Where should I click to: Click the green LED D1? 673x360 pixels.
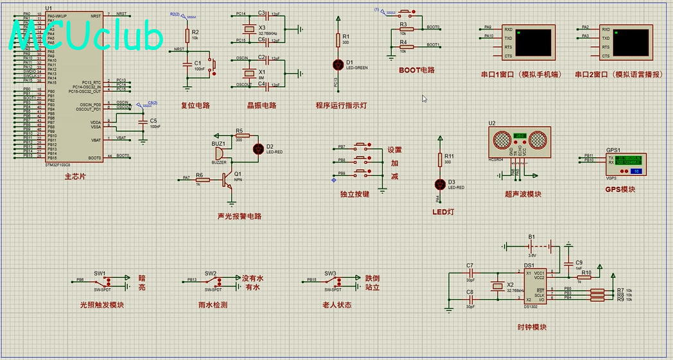[x=338, y=64]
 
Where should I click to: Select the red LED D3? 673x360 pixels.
[x=440, y=185]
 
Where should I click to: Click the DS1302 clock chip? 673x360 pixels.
[x=534, y=286]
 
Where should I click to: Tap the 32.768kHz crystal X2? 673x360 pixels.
[x=496, y=286]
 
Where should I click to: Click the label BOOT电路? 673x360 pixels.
[x=417, y=70]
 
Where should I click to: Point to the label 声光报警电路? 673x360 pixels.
[x=240, y=216]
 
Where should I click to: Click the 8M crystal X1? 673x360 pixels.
[x=249, y=71]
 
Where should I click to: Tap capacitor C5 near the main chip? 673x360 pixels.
[x=142, y=122]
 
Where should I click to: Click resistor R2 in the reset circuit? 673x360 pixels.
[x=187, y=35]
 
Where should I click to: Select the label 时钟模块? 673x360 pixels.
[x=532, y=327]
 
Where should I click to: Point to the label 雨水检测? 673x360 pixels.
[x=213, y=305]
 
